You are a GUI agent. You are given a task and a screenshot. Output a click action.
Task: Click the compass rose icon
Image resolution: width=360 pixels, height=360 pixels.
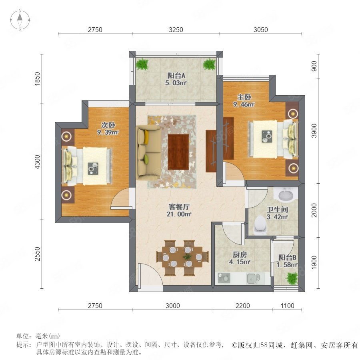tap(20, 20)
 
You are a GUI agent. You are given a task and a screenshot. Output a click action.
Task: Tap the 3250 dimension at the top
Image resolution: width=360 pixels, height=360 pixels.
tap(176, 30)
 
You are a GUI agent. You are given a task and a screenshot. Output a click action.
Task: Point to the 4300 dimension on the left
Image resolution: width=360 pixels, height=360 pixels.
tap(37, 162)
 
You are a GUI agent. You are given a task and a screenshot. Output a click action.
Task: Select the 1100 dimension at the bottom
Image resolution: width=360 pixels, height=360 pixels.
tap(287, 306)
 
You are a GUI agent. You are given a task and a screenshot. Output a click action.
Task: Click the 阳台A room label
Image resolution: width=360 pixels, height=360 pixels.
tap(176, 76)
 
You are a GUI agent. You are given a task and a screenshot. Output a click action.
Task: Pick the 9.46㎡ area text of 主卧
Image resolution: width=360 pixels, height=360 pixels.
tap(244, 105)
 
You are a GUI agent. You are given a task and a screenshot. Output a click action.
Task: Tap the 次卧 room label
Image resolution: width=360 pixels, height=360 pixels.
tap(108, 125)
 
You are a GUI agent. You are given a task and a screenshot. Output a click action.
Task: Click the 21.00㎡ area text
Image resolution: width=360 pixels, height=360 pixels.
tap(179, 214)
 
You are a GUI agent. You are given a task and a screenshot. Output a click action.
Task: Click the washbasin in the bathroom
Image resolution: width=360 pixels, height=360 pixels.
tap(286, 195)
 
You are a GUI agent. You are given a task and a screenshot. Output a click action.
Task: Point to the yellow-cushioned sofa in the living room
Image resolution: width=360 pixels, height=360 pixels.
tap(148, 152)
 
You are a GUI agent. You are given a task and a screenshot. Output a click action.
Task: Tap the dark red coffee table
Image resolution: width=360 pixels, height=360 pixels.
tap(178, 152)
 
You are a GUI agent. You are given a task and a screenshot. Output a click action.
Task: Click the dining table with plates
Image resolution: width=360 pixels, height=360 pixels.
tap(182, 257)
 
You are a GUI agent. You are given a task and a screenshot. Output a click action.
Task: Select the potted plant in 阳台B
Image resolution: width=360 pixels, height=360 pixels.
tap(292, 278)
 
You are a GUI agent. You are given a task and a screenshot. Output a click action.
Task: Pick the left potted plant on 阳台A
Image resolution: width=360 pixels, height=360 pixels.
tap(142, 64)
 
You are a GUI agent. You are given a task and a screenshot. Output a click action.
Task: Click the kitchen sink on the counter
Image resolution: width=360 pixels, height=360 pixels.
tap(253, 278)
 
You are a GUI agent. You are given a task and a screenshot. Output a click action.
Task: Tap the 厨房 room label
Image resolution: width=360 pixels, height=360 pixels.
tap(240, 254)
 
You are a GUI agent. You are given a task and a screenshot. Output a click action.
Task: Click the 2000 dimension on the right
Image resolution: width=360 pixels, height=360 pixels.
tap(314, 210)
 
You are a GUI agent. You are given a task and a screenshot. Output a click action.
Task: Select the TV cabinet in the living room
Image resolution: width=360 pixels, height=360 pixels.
tap(211, 151)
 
